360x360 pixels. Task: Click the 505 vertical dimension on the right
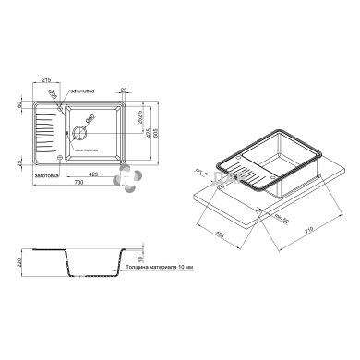(169, 133)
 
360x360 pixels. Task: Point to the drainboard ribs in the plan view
(43, 134)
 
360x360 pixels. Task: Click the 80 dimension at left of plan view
(19, 105)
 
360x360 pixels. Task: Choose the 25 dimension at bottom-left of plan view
(19, 163)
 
